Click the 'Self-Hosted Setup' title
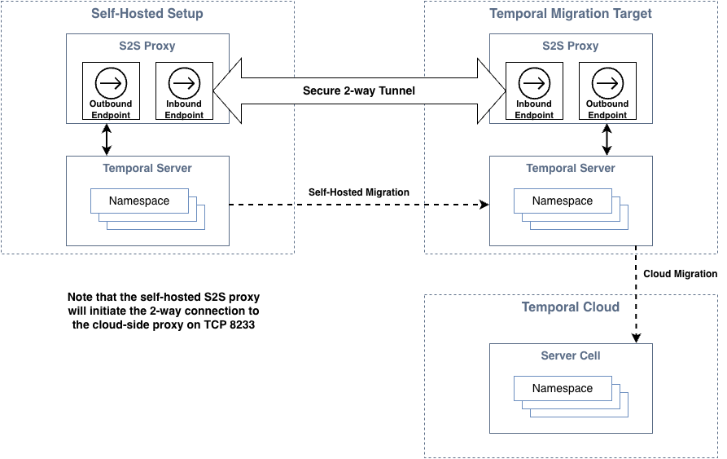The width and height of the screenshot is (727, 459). tap(147, 14)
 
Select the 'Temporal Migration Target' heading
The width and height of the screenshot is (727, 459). tap(571, 14)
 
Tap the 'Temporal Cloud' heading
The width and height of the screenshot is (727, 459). tap(571, 307)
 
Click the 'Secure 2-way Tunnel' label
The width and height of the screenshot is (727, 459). tap(359, 90)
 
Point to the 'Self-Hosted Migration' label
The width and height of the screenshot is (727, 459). tap(359, 192)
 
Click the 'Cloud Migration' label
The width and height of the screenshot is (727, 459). tap(680, 274)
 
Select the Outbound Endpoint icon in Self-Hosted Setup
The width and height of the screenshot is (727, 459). tap(111, 82)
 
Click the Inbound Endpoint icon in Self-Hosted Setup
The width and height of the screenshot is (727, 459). tap(184, 82)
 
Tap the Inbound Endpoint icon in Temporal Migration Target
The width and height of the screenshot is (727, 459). tap(534, 82)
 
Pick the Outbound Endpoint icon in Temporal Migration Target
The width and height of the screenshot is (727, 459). tap(607, 82)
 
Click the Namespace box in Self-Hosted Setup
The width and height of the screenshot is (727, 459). tap(139, 201)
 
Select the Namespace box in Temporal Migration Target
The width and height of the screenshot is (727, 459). tap(563, 201)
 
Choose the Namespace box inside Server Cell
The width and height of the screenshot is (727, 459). tap(563, 389)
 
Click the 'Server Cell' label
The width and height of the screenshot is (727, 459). tap(571, 355)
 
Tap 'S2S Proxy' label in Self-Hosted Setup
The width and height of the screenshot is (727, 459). tap(147, 46)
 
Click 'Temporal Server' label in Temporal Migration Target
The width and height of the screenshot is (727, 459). tap(571, 168)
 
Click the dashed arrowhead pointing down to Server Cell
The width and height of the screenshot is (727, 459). tap(635, 338)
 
